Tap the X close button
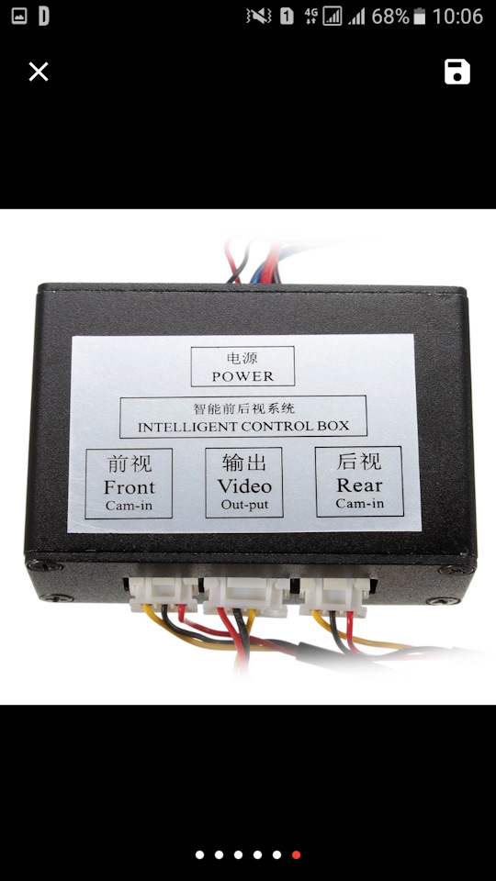point(39,72)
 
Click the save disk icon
point(457,72)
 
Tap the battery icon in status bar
point(420,17)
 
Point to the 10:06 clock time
point(457,17)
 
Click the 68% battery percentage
point(390,17)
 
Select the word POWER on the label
point(242,376)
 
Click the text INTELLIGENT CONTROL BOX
point(243,427)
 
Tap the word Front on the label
point(129,486)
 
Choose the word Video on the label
point(244,485)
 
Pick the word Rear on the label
point(359,485)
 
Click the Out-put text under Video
point(244,504)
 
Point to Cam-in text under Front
point(129,505)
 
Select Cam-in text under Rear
point(359,503)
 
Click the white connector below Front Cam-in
point(164,594)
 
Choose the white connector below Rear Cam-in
point(335,595)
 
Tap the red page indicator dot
point(296,854)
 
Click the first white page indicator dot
point(199,854)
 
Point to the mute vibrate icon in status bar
point(259,17)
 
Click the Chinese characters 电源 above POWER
point(242,359)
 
